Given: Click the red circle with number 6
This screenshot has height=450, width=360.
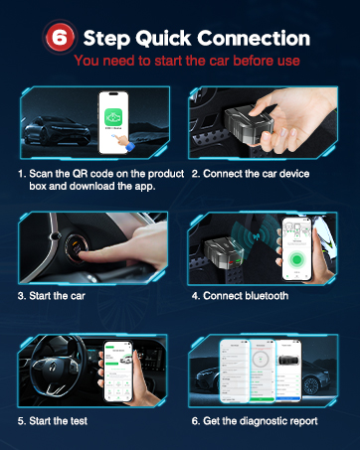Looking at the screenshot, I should (x=59, y=38).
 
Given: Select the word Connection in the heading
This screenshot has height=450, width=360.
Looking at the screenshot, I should (x=254, y=38).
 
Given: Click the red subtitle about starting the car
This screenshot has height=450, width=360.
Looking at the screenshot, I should (x=181, y=62).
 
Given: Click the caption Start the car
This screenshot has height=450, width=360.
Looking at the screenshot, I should (x=50, y=295).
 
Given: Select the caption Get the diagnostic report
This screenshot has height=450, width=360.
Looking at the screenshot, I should (x=255, y=421).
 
